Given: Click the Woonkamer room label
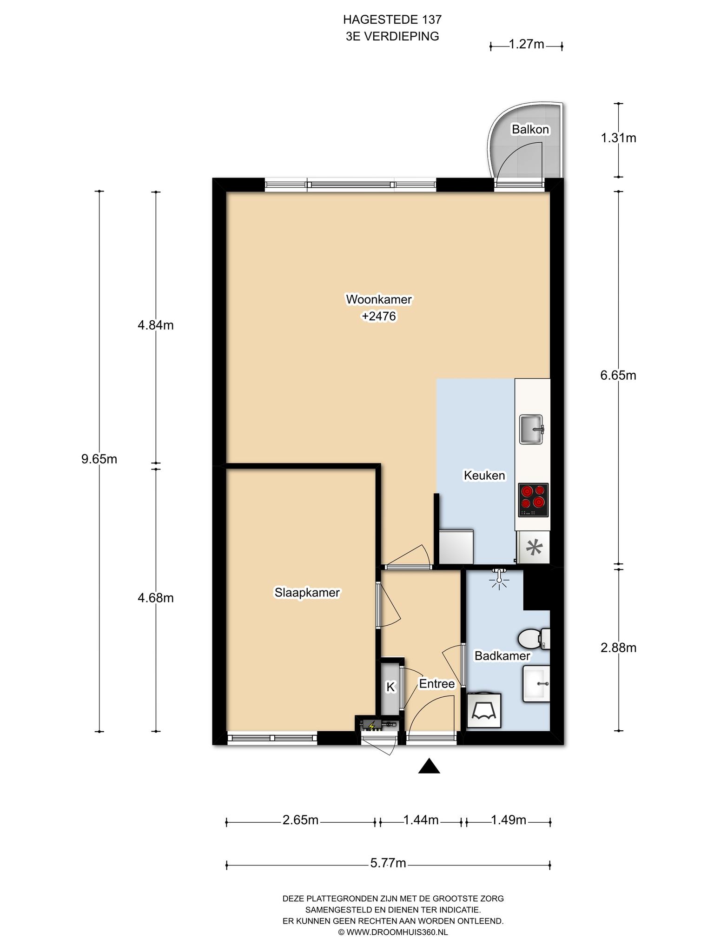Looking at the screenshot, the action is [x=378, y=299].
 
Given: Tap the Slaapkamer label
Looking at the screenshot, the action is [x=307, y=593].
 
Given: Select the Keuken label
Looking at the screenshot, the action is [x=484, y=475].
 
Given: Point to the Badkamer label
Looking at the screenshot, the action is [x=502, y=655].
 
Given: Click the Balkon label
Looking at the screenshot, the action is [x=530, y=129].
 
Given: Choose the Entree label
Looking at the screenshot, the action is [x=436, y=684].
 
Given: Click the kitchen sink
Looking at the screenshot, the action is [x=532, y=429].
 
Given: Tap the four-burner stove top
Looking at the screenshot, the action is [x=533, y=500].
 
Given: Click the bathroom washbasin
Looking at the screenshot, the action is [x=536, y=683].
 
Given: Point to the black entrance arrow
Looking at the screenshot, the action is [x=429, y=766].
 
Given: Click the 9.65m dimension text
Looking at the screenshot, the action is [x=99, y=459].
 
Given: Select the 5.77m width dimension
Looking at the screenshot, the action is [x=388, y=863].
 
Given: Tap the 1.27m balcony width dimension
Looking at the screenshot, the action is [x=526, y=44].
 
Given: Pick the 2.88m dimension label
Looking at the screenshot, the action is [x=618, y=648].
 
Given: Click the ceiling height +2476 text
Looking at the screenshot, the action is [x=378, y=316].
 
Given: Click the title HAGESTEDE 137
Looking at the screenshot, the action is [x=392, y=19].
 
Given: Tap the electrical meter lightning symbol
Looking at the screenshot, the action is [x=371, y=725].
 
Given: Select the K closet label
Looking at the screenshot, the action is [x=390, y=687].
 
